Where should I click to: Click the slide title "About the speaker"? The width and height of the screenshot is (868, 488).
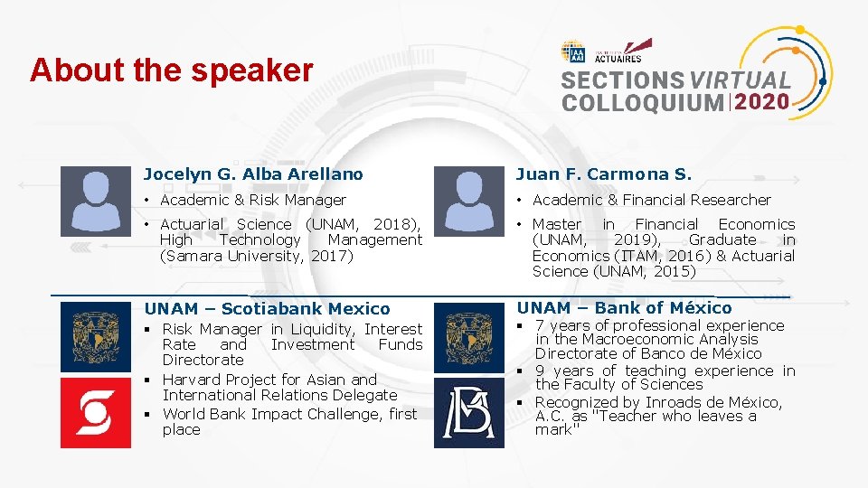(x=172, y=70)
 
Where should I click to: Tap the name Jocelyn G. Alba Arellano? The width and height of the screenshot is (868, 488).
(x=253, y=174)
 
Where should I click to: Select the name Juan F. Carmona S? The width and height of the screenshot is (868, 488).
(x=604, y=174)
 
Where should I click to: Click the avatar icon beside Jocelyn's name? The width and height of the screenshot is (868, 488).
(x=95, y=201)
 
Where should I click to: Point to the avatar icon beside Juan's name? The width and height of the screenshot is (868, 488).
(x=469, y=201)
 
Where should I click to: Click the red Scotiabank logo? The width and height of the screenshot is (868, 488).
(x=95, y=413)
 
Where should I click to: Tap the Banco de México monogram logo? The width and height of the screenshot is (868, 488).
(x=469, y=413)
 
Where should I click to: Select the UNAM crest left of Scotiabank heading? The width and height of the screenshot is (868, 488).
(x=95, y=337)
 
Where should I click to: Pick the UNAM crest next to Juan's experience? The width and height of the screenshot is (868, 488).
(x=469, y=337)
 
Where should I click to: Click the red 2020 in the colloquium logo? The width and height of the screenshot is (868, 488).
(x=761, y=102)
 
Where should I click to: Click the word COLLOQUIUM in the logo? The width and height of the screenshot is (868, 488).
(x=642, y=102)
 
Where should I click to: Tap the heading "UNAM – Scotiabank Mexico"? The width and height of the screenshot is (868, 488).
(x=267, y=309)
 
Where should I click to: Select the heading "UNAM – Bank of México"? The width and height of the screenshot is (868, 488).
(x=624, y=308)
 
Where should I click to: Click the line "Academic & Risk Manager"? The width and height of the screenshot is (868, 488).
(x=253, y=200)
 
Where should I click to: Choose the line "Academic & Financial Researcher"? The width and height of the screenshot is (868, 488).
(x=651, y=200)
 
